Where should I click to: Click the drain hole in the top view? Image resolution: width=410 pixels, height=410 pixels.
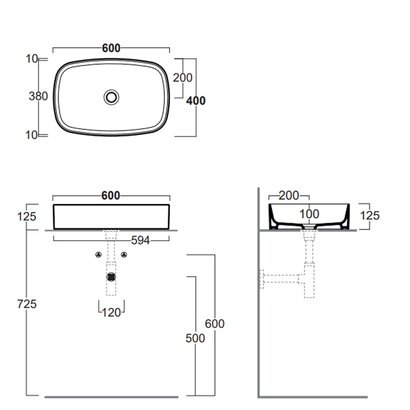112,97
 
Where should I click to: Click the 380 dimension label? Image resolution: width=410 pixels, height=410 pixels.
38,96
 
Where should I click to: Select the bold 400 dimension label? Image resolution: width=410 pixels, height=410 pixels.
196,101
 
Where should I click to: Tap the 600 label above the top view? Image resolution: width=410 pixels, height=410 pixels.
111,48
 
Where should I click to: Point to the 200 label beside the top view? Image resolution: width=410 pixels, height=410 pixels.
182,77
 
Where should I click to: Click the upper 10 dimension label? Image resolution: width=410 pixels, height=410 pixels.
32,59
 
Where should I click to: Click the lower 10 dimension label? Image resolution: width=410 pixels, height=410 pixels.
32,135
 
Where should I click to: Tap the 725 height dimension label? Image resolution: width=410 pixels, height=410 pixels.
27,304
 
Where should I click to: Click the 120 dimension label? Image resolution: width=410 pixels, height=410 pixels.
111,313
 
